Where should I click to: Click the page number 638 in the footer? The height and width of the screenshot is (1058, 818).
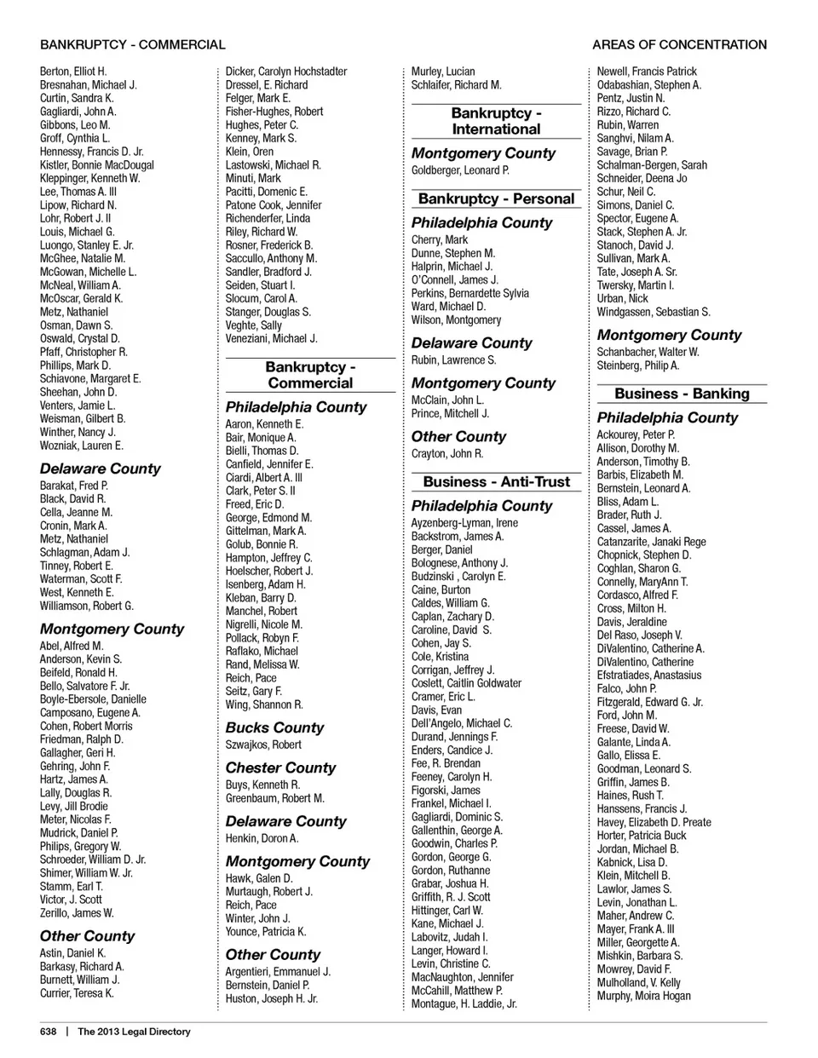(x=48, y=1032)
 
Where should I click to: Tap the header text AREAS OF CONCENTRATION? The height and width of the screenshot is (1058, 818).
(x=679, y=44)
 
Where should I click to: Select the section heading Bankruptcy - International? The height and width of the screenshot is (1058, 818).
(x=496, y=121)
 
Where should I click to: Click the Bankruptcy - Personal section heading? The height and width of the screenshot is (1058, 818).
(x=496, y=198)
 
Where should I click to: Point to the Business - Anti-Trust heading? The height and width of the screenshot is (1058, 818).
(x=496, y=481)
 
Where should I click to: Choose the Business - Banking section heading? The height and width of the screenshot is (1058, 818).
(x=682, y=394)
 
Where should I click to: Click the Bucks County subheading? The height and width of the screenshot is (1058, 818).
(x=274, y=727)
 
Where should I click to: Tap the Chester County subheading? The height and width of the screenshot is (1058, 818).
(x=280, y=768)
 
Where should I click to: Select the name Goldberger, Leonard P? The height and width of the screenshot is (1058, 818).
(x=460, y=170)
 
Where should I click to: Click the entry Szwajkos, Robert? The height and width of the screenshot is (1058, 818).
(x=263, y=745)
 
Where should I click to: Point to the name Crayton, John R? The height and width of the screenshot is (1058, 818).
(x=447, y=454)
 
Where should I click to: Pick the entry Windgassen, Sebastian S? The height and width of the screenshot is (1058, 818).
(x=654, y=312)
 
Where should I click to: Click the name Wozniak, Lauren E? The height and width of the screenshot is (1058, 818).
(x=82, y=446)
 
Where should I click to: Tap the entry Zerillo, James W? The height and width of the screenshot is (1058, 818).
(x=77, y=913)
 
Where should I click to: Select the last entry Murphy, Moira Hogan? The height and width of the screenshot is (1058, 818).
(x=643, y=996)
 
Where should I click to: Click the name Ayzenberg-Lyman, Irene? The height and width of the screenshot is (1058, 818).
(x=464, y=523)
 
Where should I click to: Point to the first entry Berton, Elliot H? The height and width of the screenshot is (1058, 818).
(x=73, y=72)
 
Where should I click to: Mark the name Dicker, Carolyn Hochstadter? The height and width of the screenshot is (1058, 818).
(x=286, y=72)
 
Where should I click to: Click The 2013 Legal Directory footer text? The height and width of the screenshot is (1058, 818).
(x=134, y=1032)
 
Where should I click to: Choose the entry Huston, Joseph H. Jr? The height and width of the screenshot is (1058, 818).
(x=271, y=998)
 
